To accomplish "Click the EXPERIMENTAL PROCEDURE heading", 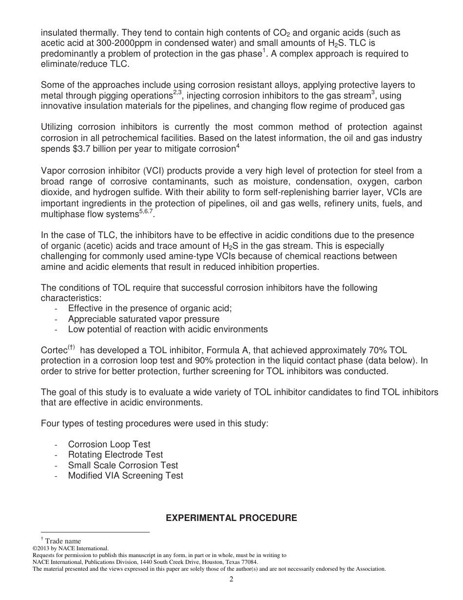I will click(231, 518).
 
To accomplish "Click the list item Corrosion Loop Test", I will click(109, 444).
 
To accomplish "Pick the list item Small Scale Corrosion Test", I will click(123, 465).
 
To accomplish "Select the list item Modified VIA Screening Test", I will click(125, 476).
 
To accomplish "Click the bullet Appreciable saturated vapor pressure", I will click(143, 319).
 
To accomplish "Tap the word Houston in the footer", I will click(207, 562).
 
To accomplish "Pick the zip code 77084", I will click(249, 562).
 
